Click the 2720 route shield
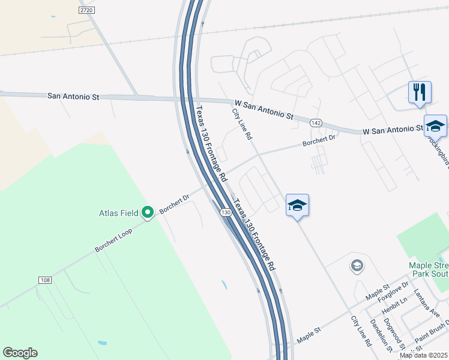[x=87, y=11]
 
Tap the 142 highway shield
[x=316, y=122]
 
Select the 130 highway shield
[x=225, y=213]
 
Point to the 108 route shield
[x=44, y=280]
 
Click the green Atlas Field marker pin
[x=148, y=212]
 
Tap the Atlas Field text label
[x=119, y=212]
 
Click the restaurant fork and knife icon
[x=419, y=92]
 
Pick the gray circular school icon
[x=357, y=265]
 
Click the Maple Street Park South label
[x=429, y=269]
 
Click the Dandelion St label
[x=381, y=335]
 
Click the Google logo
[x=20, y=353]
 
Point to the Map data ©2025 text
[x=423, y=355]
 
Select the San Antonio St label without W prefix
[x=73, y=96]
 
